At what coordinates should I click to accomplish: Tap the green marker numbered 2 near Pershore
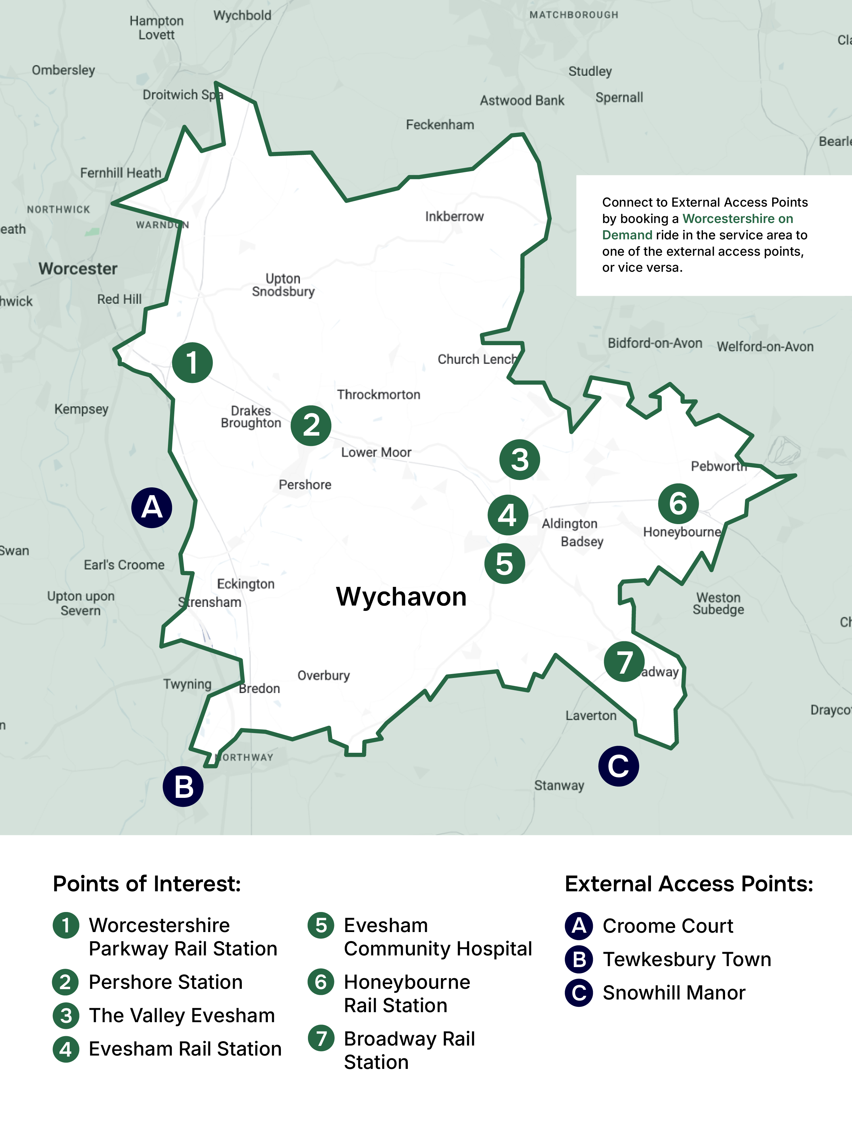coord(311,425)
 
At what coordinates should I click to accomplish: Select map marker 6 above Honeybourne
coord(678,504)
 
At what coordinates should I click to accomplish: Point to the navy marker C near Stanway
coord(618,766)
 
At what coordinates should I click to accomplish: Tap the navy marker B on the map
coord(183,786)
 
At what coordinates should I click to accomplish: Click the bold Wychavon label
coord(401,597)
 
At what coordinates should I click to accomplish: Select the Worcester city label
coord(78,268)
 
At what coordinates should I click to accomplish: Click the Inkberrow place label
coord(454,217)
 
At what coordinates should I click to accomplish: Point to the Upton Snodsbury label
coord(283,285)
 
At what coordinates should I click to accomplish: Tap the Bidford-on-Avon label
coord(655,343)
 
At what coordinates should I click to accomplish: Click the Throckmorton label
coord(378,395)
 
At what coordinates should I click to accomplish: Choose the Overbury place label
coord(323,675)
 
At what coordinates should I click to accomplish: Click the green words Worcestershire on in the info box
coord(737,219)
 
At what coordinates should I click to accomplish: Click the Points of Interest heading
coord(147,884)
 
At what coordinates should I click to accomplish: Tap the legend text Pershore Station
coord(165,982)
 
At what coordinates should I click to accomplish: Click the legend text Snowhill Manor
coord(674,993)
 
